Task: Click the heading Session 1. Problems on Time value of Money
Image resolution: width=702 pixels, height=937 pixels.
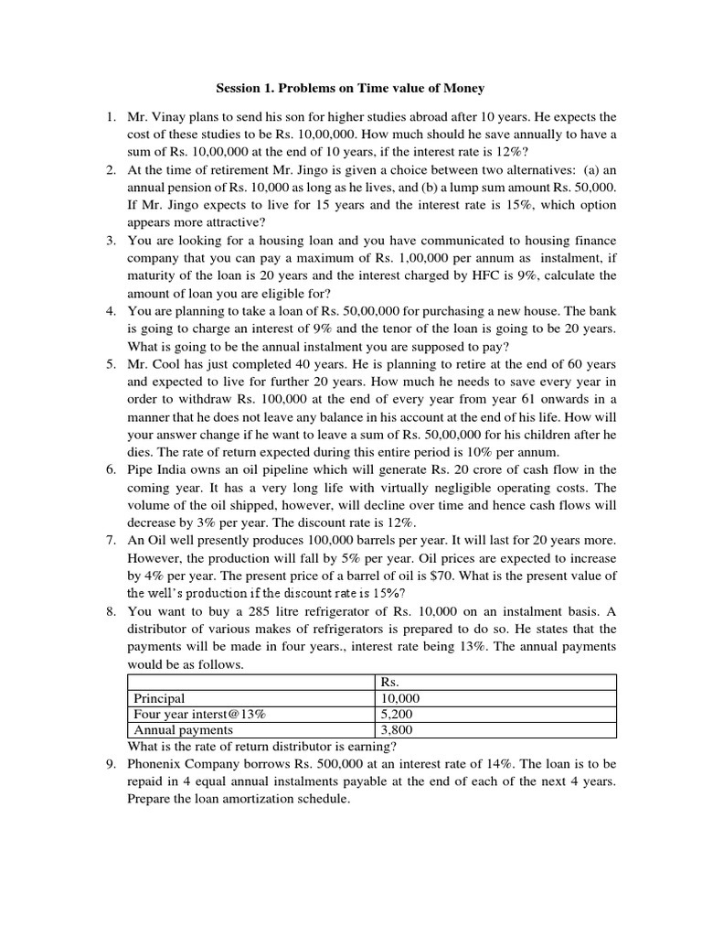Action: pos(350,88)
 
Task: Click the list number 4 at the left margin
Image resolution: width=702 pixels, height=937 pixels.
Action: pos(109,310)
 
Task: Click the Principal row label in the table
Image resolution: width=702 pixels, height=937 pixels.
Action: pos(160,697)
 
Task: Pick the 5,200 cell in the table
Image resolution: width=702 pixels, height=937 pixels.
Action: pos(396,714)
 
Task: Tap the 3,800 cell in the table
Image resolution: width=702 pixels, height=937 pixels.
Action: pos(396,729)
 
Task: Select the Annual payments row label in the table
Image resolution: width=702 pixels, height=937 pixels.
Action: pos(183,729)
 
